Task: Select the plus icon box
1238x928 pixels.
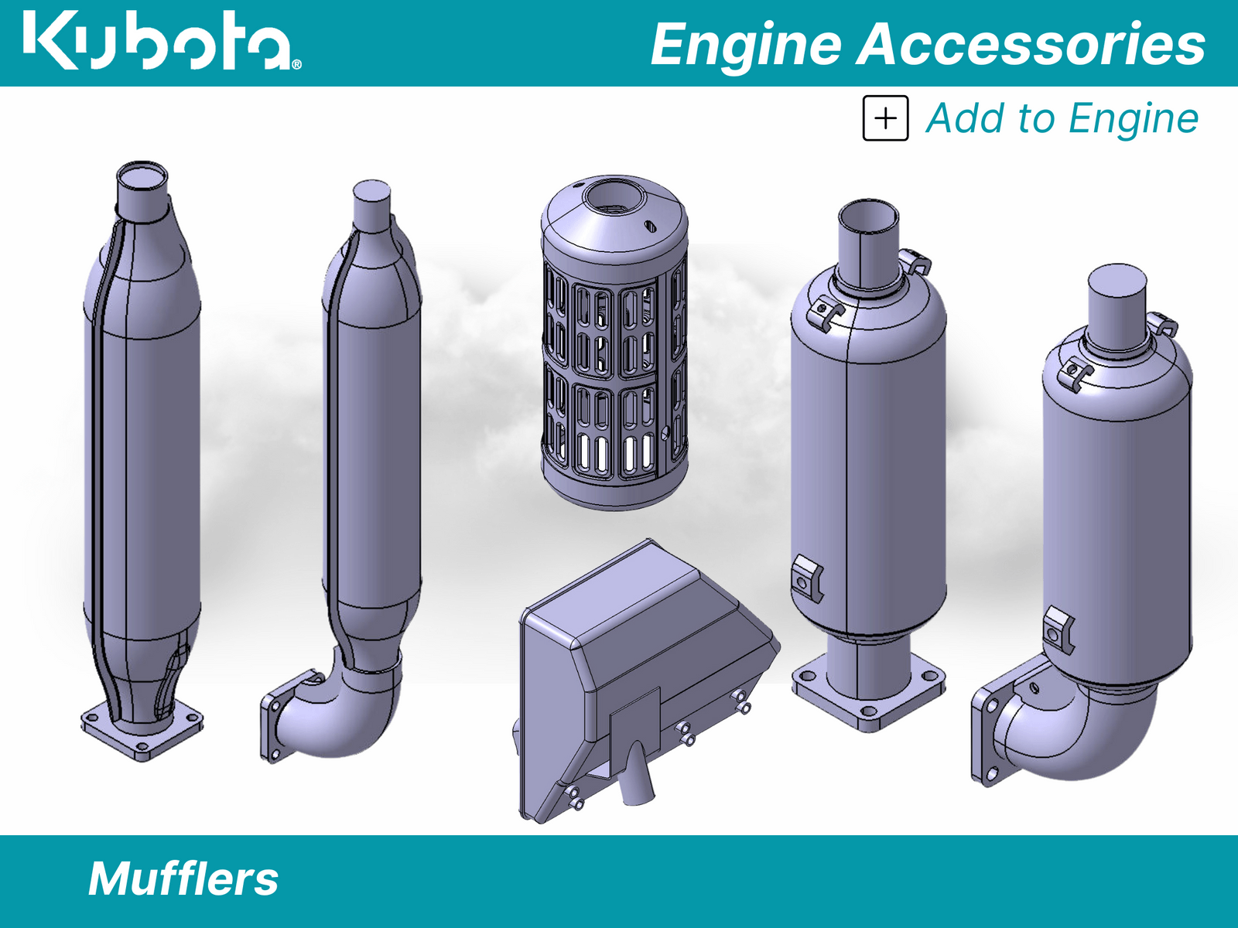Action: coord(885,118)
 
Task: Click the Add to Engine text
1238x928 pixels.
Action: coord(1062,118)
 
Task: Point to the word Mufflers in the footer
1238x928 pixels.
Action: coord(183,879)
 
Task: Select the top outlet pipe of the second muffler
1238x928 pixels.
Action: coord(371,203)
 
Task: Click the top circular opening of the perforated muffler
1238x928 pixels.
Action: coord(614,198)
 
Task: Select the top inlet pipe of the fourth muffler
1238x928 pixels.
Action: coord(869,240)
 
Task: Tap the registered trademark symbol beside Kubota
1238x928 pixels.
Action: coord(296,65)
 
